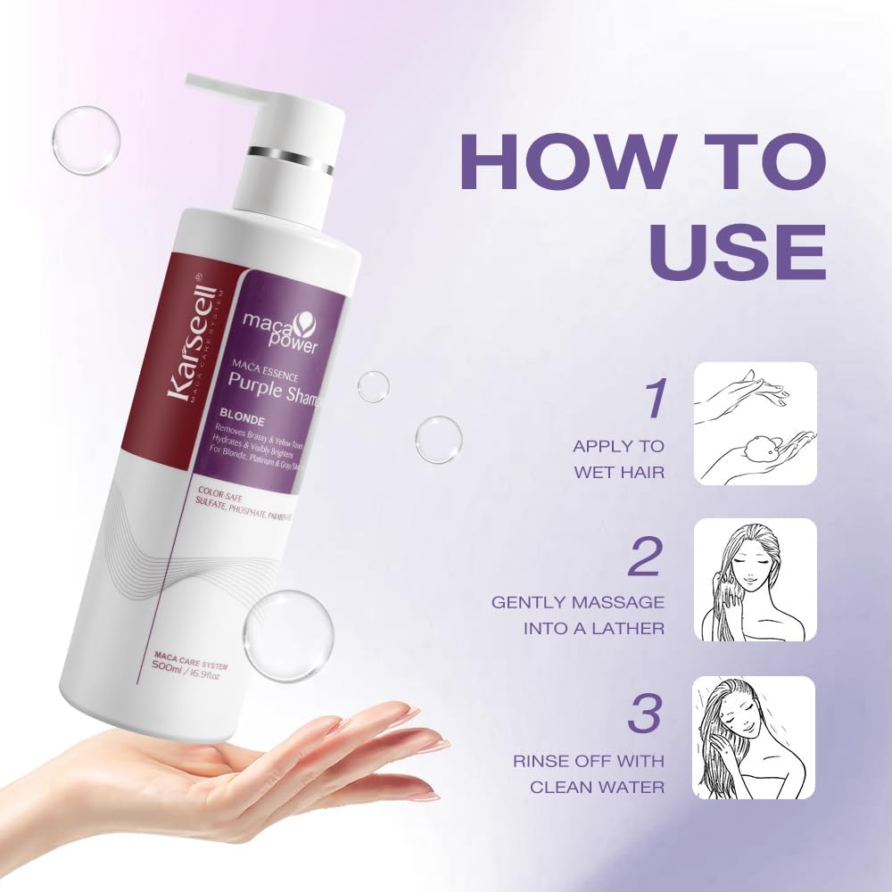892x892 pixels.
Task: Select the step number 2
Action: click(647, 556)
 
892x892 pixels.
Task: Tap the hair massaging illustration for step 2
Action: click(755, 580)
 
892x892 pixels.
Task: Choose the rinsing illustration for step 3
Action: click(755, 737)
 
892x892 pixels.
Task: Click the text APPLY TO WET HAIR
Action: click(618, 458)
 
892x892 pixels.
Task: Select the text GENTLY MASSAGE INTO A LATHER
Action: click(578, 615)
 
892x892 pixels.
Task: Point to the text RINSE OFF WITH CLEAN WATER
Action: click(588, 773)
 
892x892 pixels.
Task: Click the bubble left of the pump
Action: click(86, 140)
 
